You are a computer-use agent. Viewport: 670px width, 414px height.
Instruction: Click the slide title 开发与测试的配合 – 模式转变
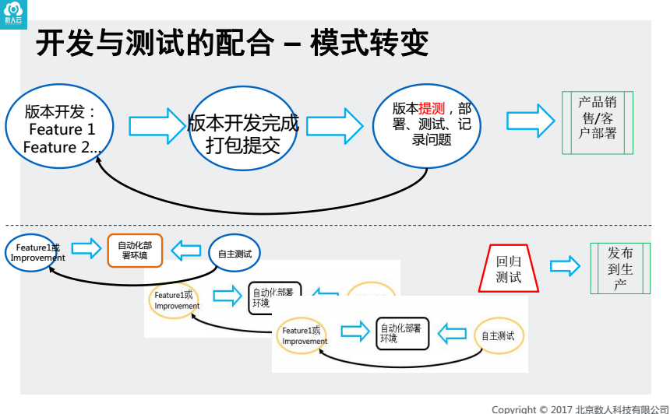pyautogui.click(x=232, y=43)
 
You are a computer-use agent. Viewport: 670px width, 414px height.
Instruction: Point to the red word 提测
pyautogui.click(x=431, y=109)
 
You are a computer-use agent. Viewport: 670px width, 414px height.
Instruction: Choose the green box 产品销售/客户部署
pyautogui.click(x=598, y=122)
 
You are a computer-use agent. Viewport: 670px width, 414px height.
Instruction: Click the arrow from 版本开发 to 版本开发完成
pyautogui.click(x=154, y=125)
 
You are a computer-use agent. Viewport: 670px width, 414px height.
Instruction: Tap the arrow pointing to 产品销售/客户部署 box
pyautogui.click(x=531, y=121)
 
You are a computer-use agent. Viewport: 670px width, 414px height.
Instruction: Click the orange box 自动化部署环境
pyautogui.click(x=135, y=250)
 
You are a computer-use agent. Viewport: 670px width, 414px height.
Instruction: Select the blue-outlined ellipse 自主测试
pyautogui.click(x=235, y=252)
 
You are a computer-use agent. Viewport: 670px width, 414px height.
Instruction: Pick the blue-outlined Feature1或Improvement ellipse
pyautogui.click(x=31, y=252)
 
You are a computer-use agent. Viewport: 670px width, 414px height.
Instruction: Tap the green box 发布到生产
pyautogui.click(x=620, y=268)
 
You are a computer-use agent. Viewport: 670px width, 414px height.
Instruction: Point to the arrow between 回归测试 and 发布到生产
pyautogui.click(x=565, y=265)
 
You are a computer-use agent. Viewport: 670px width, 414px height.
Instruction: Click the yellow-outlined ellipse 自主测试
pyautogui.click(x=498, y=336)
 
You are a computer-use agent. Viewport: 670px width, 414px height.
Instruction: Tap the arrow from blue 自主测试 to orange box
pyautogui.click(x=185, y=250)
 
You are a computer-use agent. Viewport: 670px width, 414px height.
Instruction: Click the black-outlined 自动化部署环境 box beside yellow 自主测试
pyautogui.click(x=402, y=333)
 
